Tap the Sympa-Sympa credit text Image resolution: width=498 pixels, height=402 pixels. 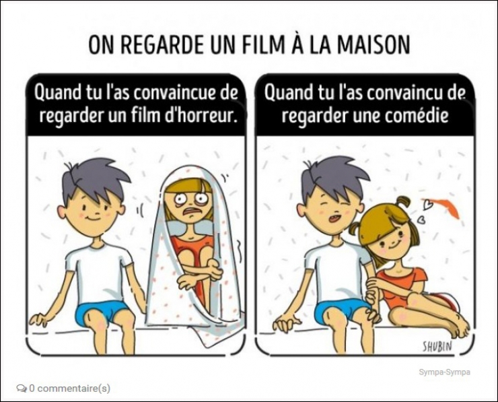[444, 372]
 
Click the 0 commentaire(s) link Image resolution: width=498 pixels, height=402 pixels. [69, 389]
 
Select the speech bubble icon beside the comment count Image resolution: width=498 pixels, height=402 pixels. [22, 389]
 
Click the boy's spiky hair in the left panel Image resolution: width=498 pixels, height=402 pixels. [96, 180]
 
